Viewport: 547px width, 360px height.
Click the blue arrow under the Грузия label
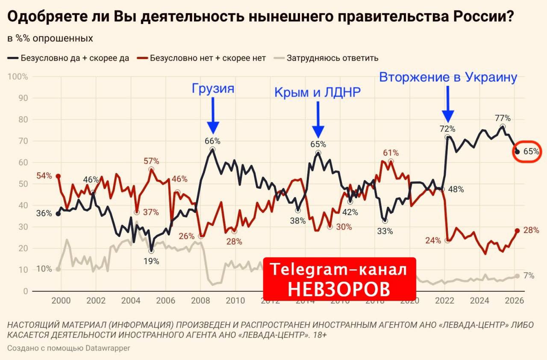click(x=213, y=115)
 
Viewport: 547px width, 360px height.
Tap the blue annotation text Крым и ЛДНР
click(x=318, y=91)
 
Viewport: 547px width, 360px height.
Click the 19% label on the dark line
click(x=151, y=261)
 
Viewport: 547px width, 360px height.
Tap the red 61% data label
click(x=391, y=153)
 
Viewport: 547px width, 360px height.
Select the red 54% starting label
click(x=44, y=175)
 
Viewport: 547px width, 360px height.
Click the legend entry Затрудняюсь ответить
click(x=332, y=58)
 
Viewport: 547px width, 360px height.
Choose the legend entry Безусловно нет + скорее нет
click(x=208, y=58)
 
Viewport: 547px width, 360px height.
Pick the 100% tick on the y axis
click(x=18, y=77)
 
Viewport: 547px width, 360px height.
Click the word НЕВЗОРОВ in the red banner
click(x=339, y=289)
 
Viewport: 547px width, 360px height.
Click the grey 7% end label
click(x=529, y=276)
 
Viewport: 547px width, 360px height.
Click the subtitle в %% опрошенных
click(x=50, y=38)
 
